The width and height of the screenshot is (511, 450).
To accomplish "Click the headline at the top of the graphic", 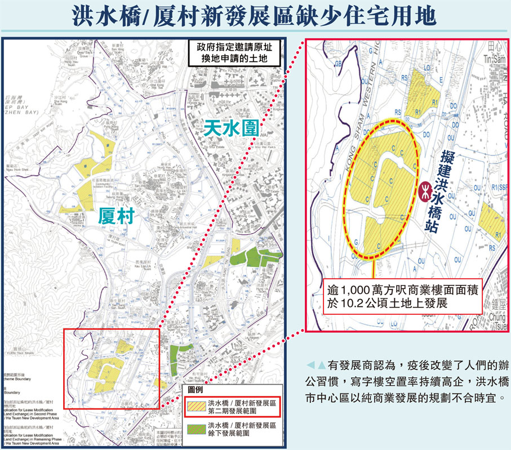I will (x=255, y=16).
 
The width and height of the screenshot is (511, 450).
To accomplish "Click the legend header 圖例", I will (x=195, y=390).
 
